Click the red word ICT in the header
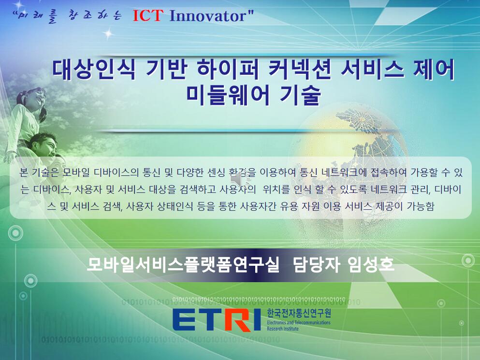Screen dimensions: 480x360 (147, 15)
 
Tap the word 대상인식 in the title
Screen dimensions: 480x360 (94, 70)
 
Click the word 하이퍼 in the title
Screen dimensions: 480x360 (228, 70)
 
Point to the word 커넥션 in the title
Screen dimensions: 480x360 (300, 70)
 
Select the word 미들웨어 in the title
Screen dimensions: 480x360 (228, 96)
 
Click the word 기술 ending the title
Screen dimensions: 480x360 (300, 96)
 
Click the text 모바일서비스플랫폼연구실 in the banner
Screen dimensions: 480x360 (183, 264)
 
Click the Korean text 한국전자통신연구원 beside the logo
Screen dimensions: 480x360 (299, 313)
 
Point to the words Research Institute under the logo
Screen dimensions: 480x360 (283, 329)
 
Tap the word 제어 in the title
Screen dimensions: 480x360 (434, 70)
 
